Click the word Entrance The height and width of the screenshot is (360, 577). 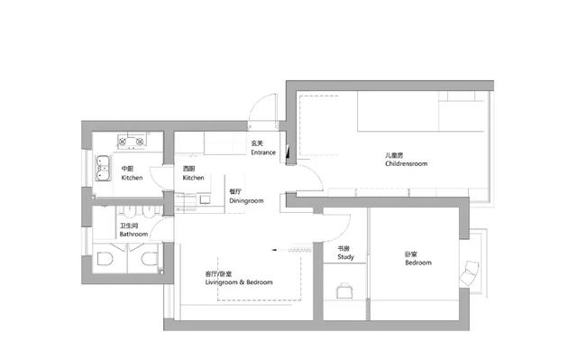pos(263,152)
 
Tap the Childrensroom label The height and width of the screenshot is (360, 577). pos(407,163)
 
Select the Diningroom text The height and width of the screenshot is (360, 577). pos(246,201)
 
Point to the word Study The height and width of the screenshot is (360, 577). pos(345,257)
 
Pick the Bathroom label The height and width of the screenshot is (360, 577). pos(133,234)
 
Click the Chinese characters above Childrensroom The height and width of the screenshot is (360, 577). pos(394,155)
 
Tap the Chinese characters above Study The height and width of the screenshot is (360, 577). pos(343,248)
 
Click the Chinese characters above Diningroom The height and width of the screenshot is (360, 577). pos(235,192)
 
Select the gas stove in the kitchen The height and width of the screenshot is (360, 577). pos(132,141)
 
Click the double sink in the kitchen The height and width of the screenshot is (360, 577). pos(103,168)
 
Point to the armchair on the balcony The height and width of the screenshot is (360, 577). pos(470,272)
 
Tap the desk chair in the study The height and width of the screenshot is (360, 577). pos(344,291)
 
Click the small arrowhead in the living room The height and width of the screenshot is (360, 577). pos(274,250)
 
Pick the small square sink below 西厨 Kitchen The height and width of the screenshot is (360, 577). pos(205,199)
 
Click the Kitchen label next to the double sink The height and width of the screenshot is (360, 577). pos(132,178)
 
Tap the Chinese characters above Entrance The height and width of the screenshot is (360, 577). pos(257,143)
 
